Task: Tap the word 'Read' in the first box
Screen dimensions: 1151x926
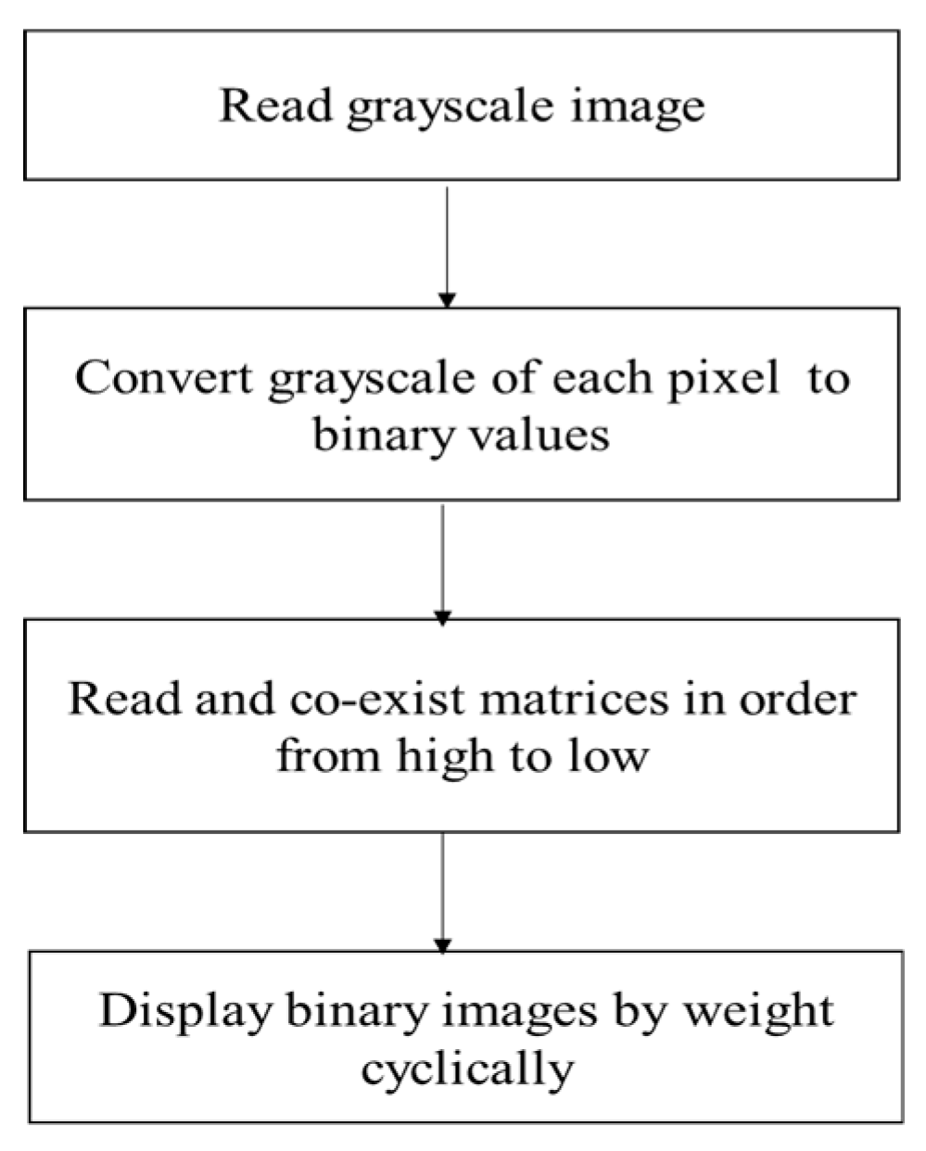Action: point(274,105)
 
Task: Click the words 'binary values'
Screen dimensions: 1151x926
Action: point(461,433)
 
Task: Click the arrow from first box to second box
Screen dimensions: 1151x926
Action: point(447,246)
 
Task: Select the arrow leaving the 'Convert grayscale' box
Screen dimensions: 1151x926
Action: point(443,562)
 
